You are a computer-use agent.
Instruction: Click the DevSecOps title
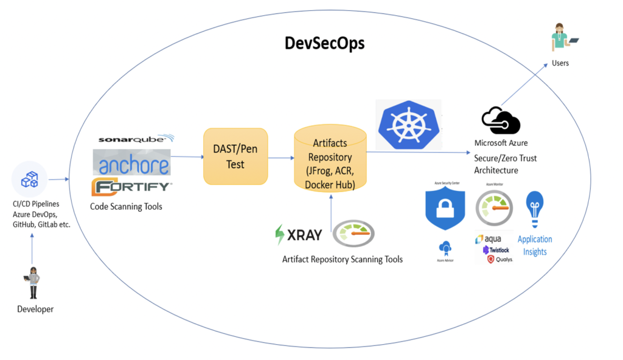325,44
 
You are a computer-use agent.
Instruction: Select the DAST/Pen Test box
235,157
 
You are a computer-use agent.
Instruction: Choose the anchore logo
131,163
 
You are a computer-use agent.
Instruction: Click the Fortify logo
131,186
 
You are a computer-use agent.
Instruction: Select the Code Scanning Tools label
126,206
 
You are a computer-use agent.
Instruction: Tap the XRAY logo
298,235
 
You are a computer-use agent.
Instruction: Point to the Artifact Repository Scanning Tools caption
342,259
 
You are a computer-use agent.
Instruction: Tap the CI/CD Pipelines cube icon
30,179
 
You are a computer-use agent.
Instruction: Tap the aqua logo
489,240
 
